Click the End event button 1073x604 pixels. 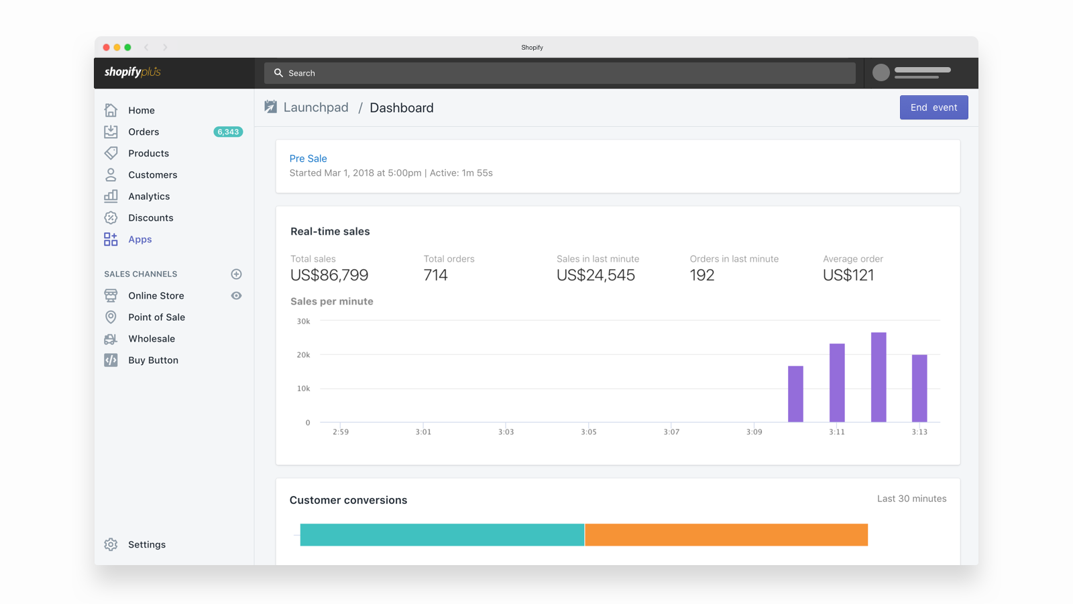tap(934, 107)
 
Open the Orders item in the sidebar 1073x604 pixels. tap(144, 132)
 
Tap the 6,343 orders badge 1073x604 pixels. tap(228, 132)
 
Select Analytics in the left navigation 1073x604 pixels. tap(149, 197)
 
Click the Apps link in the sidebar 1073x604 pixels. tap(140, 240)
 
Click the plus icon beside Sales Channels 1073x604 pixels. tap(236, 274)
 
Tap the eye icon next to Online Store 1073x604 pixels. tap(236, 296)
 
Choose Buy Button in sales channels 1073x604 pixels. tap(153, 360)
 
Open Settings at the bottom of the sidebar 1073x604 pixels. tap(146, 545)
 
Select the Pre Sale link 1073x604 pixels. tap(308, 158)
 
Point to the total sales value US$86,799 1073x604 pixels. tap(329, 275)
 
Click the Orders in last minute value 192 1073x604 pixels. tap(702, 275)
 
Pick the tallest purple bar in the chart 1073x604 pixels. tap(879, 377)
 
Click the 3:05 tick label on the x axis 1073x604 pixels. tap(589, 432)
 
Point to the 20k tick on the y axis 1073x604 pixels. tap(304, 355)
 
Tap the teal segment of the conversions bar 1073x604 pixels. tap(442, 535)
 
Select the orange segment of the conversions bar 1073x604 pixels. tap(726, 535)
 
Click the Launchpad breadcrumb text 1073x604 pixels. tap(316, 108)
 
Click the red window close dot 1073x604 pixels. tap(106, 48)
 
